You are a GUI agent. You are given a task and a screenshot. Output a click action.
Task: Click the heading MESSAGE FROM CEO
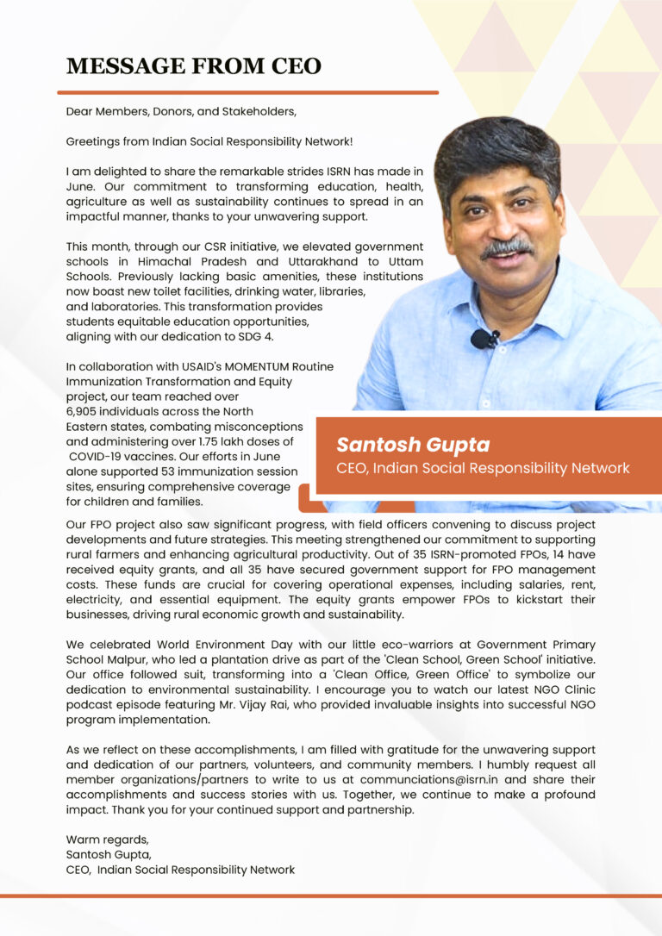click(x=194, y=66)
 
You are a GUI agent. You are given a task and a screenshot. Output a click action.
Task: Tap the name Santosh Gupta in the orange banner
click(x=413, y=445)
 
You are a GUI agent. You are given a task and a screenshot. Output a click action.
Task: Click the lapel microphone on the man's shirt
click(x=484, y=339)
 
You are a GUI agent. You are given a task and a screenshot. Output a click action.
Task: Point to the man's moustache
click(x=507, y=248)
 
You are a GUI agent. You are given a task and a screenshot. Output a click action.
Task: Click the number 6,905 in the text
click(x=84, y=411)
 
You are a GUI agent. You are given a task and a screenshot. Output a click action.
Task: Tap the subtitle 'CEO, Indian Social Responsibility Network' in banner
click(x=483, y=468)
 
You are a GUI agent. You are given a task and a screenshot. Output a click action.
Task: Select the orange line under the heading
click(x=247, y=91)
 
